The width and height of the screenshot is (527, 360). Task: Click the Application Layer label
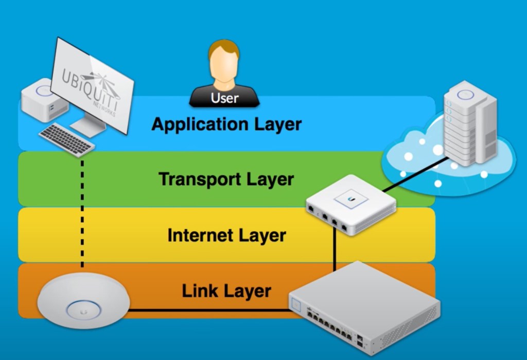pyautogui.click(x=226, y=124)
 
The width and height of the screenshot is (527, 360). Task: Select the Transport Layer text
pyautogui.click(x=226, y=179)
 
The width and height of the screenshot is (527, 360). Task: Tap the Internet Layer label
pyautogui.click(x=226, y=235)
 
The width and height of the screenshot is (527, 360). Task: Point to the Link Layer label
pyautogui.click(x=226, y=291)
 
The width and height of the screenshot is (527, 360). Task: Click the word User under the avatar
pyautogui.click(x=225, y=98)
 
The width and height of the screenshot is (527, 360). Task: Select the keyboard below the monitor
pyautogui.click(x=67, y=138)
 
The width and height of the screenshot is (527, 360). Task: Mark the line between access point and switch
pyautogui.click(x=206, y=310)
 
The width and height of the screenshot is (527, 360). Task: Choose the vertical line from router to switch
pyautogui.click(x=335, y=252)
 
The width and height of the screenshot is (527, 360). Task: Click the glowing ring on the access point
pyautogui.click(x=82, y=310)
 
